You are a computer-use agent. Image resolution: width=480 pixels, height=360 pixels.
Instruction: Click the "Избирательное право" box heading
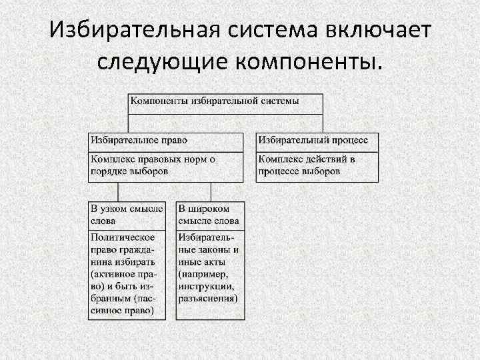coord(139,141)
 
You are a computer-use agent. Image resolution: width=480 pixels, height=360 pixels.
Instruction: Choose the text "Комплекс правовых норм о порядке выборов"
coord(153,165)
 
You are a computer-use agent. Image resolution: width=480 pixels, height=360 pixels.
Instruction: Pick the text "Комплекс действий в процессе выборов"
coord(307,165)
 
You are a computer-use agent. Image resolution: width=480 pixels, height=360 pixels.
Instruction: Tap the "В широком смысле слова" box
coord(209,215)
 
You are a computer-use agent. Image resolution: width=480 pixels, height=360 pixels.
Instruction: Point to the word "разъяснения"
coord(207,298)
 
